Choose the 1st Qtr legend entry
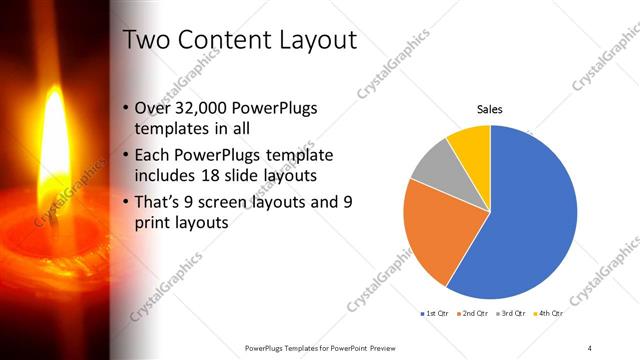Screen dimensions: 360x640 coord(434,314)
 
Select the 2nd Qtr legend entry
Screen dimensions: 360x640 coord(470,314)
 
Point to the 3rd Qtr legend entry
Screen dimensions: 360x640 coord(509,314)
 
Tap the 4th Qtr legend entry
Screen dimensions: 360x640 coord(545,314)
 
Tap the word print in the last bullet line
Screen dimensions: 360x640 coord(152,223)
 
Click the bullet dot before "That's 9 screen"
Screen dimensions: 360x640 coord(124,202)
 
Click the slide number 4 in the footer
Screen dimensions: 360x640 coord(589,348)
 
